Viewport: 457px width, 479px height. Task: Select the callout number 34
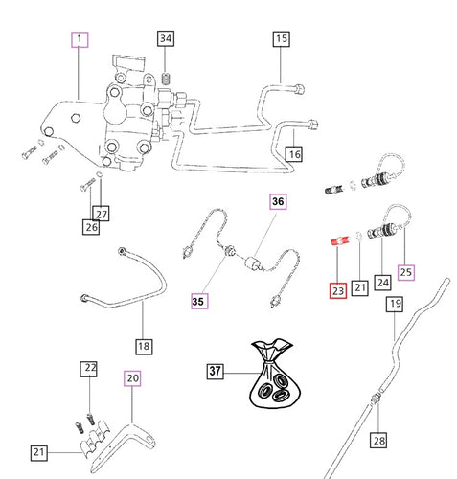(166, 39)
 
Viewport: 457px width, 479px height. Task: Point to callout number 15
(281, 39)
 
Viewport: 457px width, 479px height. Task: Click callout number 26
(91, 227)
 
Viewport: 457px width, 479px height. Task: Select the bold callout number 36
(278, 202)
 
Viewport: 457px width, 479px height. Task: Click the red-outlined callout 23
(336, 288)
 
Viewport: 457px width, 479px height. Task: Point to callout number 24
(382, 283)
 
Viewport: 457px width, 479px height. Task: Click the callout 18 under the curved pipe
(144, 346)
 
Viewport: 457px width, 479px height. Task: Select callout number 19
(394, 306)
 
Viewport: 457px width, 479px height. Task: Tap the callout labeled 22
(88, 369)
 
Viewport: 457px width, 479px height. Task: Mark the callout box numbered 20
(133, 378)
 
